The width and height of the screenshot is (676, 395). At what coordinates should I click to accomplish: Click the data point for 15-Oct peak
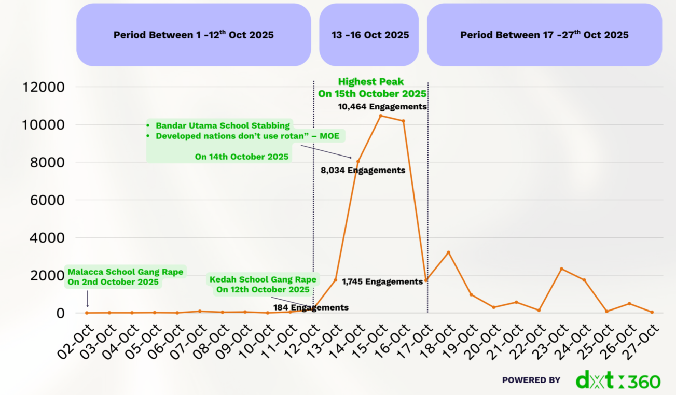[x=380, y=116]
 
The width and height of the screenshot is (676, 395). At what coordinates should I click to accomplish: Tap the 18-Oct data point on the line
[x=448, y=252]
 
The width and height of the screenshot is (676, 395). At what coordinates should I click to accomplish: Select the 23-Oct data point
[x=561, y=269]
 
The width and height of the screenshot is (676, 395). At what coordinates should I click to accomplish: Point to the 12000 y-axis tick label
[x=44, y=87]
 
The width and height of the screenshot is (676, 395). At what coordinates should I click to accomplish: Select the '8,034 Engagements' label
[x=362, y=170]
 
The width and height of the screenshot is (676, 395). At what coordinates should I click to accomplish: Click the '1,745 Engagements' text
[x=382, y=281]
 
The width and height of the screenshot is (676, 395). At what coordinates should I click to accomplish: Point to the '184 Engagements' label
[x=311, y=307]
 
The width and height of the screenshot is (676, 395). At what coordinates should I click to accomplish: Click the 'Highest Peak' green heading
[x=370, y=82]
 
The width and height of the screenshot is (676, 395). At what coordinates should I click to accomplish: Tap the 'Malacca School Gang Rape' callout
[x=125, y=272]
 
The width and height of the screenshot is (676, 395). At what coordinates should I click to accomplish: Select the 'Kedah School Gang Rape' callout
[x=263, y=280]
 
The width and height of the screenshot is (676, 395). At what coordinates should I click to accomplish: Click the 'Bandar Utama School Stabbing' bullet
[x=223, y=125]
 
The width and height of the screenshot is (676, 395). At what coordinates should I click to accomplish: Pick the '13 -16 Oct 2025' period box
[x=369, y=35]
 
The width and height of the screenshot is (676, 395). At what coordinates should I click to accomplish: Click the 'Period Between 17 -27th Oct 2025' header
[x=544, y=35]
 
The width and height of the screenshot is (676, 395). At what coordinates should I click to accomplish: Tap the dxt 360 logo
[x=618, y=380]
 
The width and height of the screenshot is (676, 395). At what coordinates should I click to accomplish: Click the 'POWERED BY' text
[x=531, y=380]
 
